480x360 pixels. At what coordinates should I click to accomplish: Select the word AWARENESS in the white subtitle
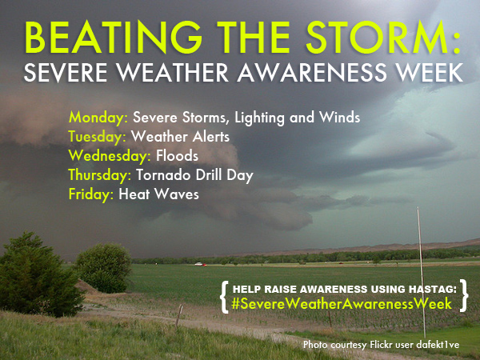(x=312, y=73)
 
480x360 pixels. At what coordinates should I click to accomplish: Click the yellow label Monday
(x=98, y=118)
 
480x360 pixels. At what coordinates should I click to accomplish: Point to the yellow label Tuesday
(x=97, y=137)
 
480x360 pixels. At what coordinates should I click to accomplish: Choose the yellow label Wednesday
(x=110, y=155)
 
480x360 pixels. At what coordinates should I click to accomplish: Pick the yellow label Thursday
(x=100, y=175)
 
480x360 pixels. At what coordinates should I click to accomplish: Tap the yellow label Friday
(x=91, y=194)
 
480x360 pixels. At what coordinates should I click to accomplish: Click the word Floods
(x=178, y=155)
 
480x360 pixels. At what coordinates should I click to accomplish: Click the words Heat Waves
(x=159, y=194)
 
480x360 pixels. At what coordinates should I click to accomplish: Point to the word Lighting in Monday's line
(x=259, y=118)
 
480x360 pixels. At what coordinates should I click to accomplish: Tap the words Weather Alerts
(x=180, y=137)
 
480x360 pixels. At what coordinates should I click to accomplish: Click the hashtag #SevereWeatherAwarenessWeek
(x=342, y=304)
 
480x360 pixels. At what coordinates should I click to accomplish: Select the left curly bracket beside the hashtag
(x=224, y=297)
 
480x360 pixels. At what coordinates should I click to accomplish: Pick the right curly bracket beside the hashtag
(x=464, y=296)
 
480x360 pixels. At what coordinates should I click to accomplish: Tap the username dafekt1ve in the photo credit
(x=438, y=345)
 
